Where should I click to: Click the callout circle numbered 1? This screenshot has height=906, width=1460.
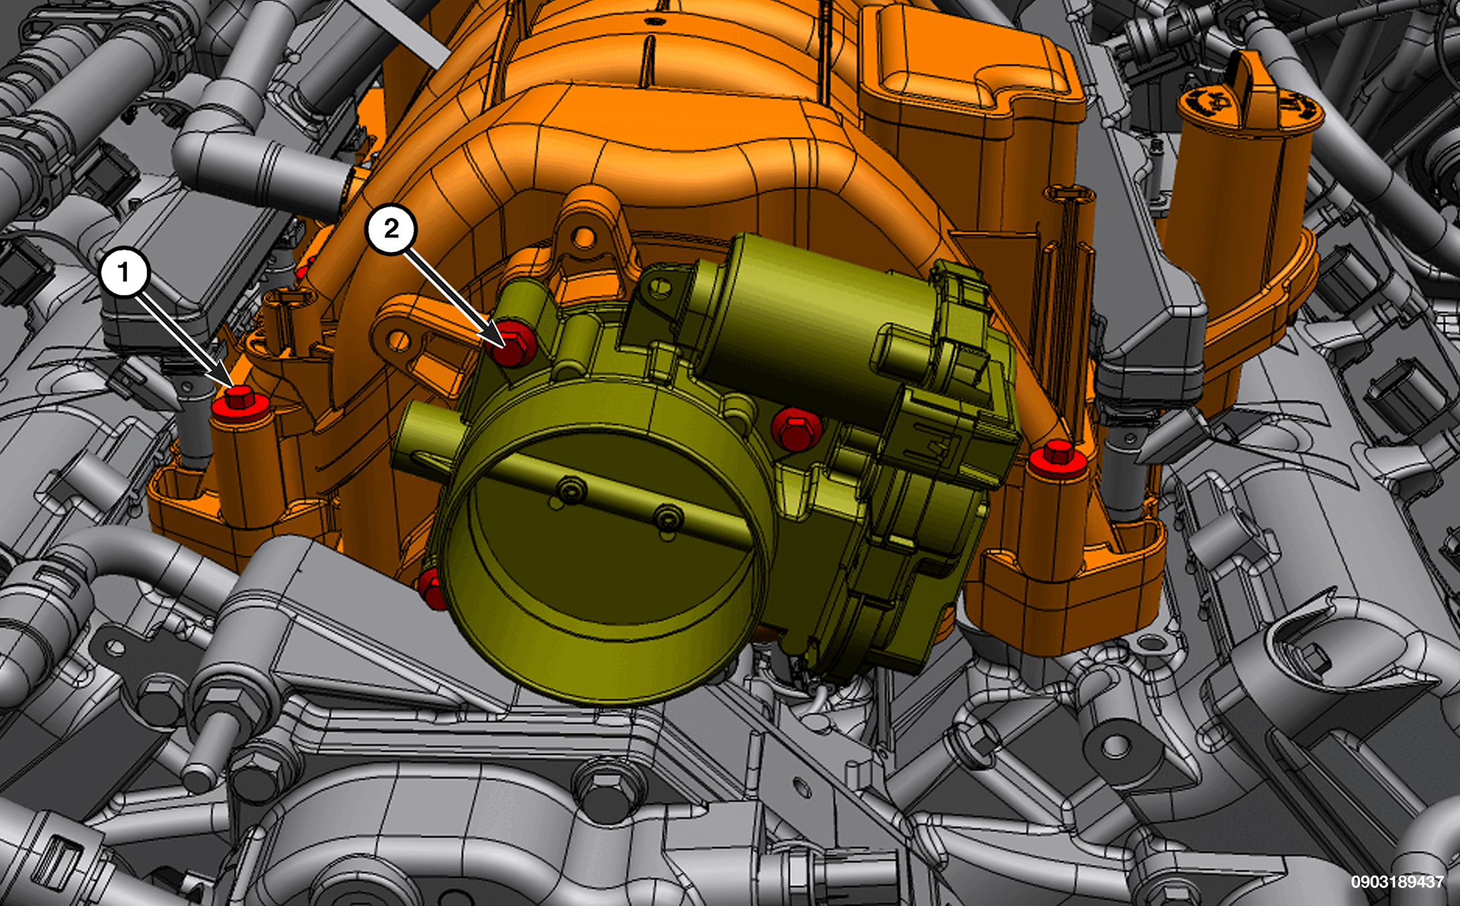(x=124, y=272)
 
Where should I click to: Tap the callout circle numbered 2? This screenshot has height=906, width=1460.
(x=391, y=230)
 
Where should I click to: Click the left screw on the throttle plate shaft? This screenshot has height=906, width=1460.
(x=571, y=491)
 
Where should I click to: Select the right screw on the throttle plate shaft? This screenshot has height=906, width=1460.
(x=669, y=519)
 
